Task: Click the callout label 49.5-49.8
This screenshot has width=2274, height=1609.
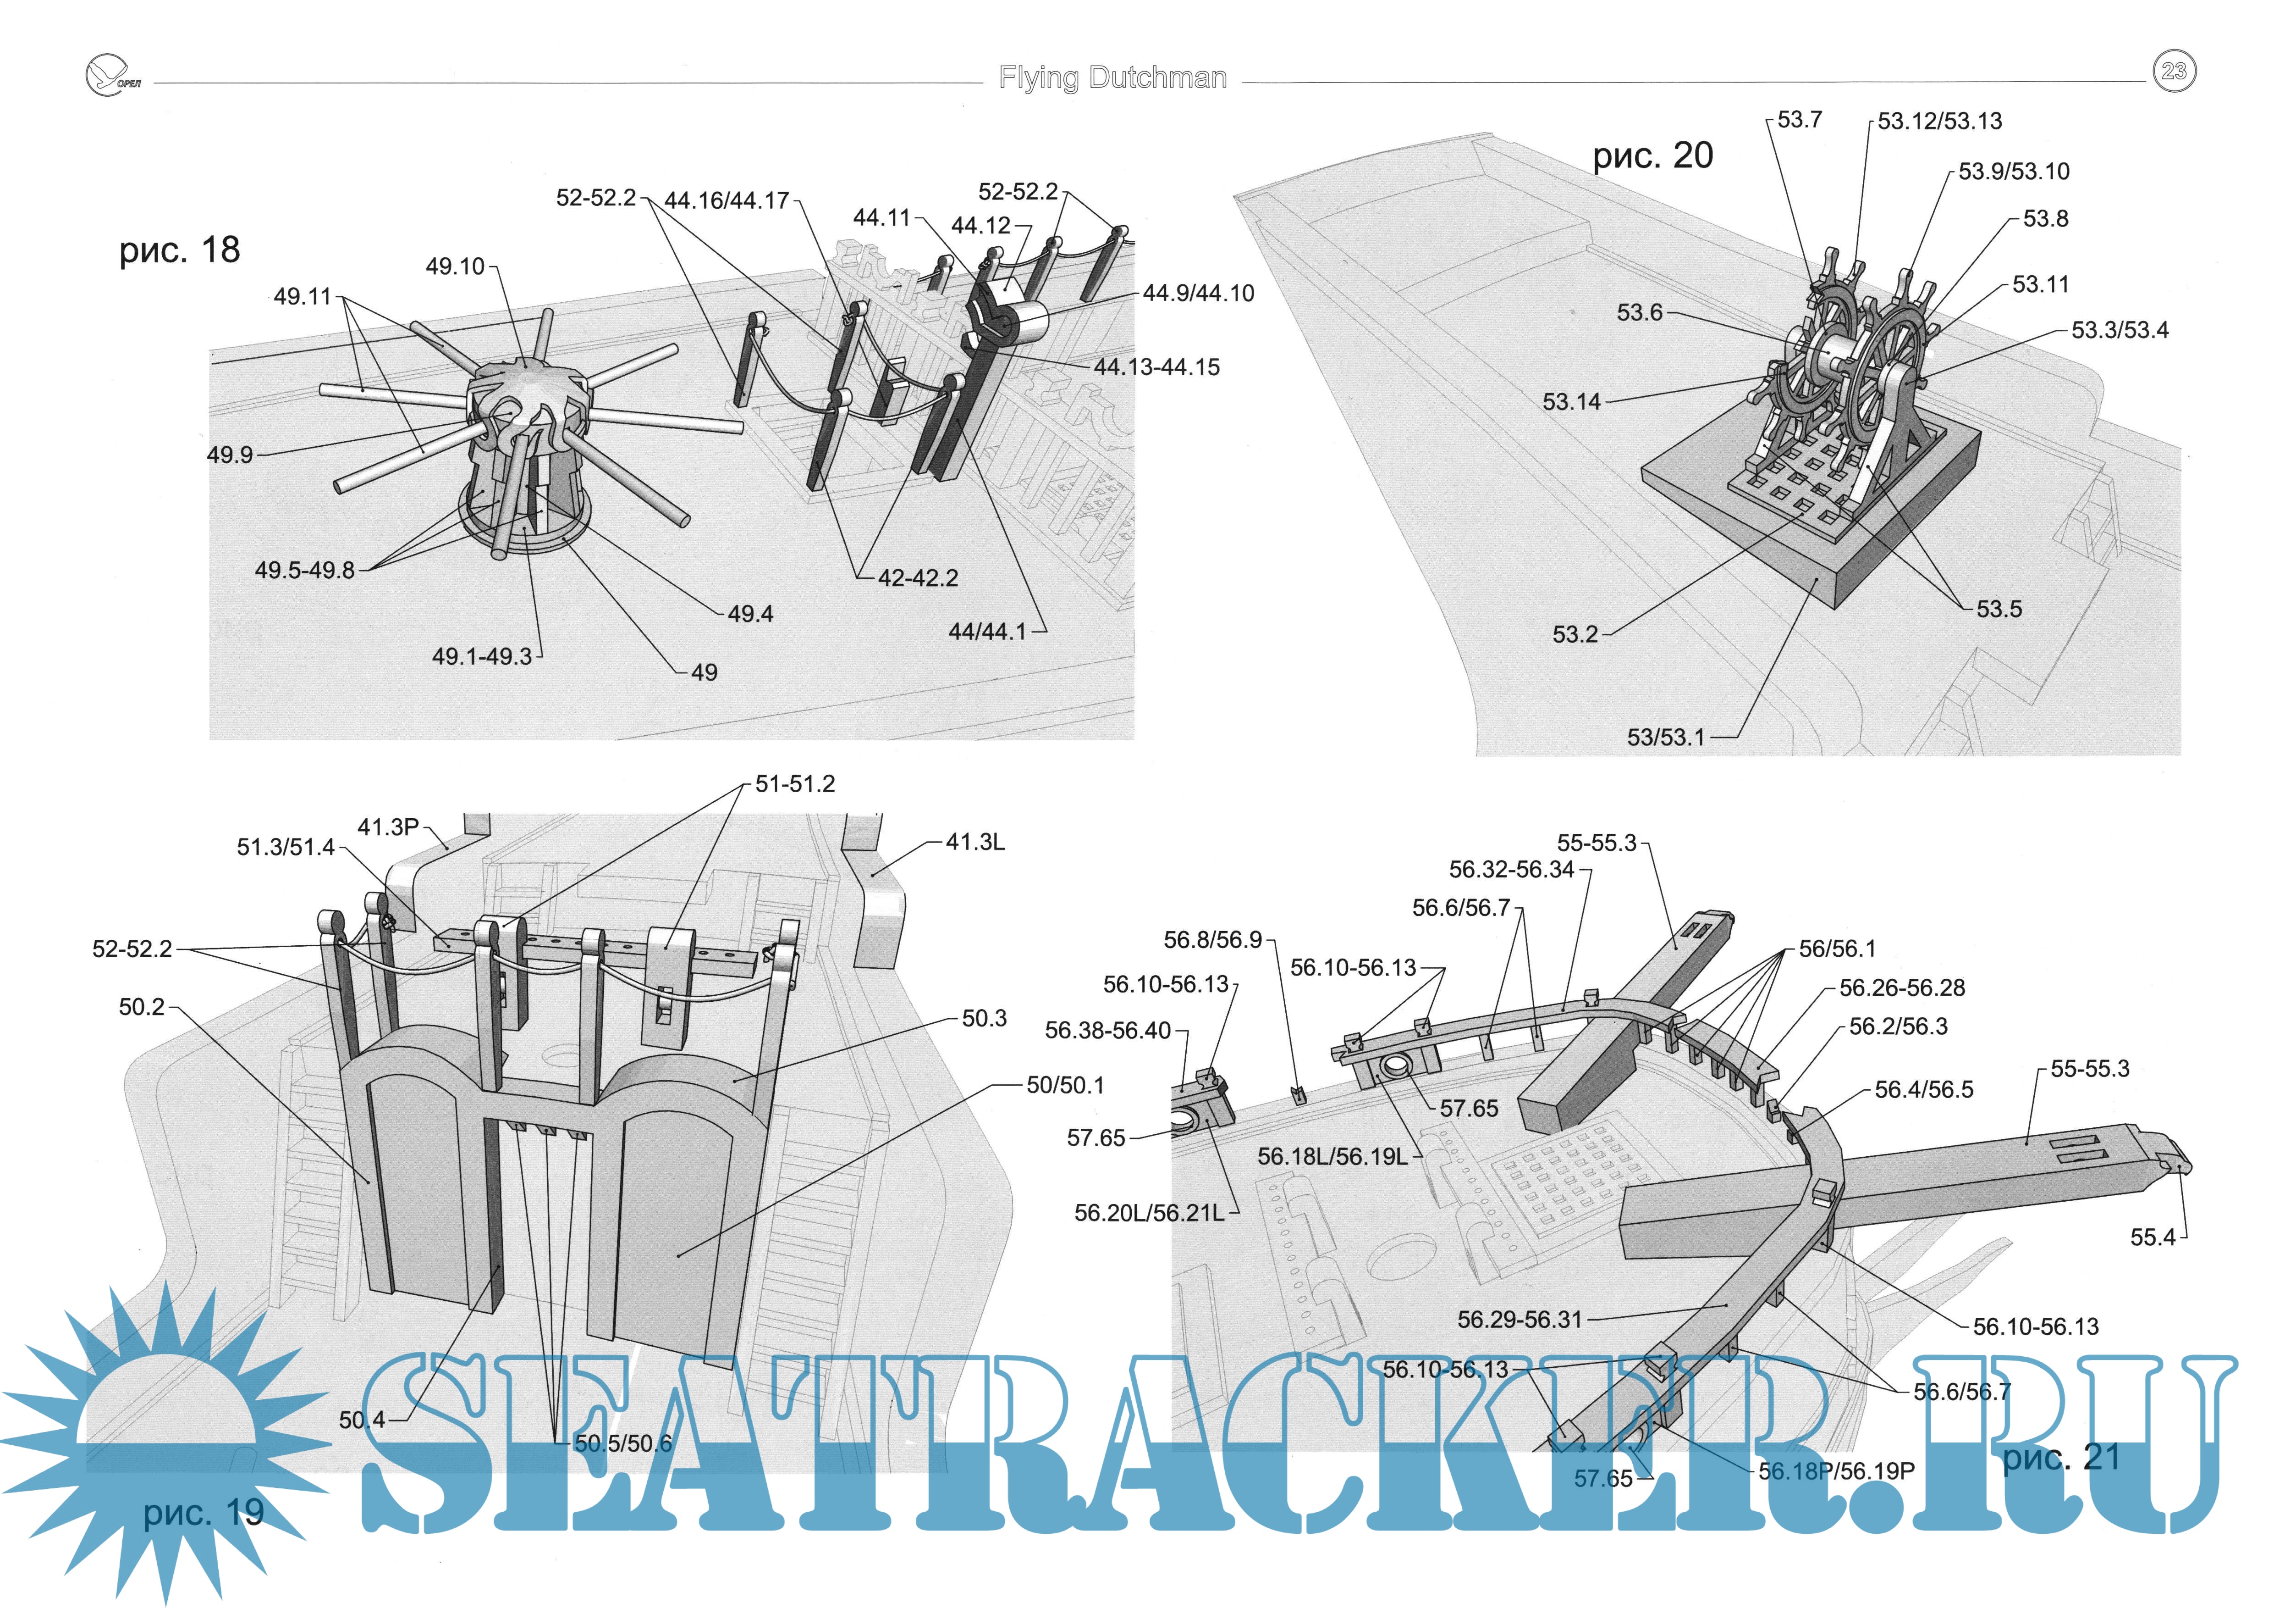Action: click(304, 571)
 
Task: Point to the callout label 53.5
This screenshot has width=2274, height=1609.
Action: click(1999, 609)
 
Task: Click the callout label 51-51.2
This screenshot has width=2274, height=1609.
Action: click(794, 784)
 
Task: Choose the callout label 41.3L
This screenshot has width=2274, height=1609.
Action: click(975, 842)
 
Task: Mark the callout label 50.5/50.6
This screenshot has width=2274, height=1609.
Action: click(623, 1443)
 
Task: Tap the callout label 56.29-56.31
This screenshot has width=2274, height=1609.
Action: click(1520, 1320)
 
